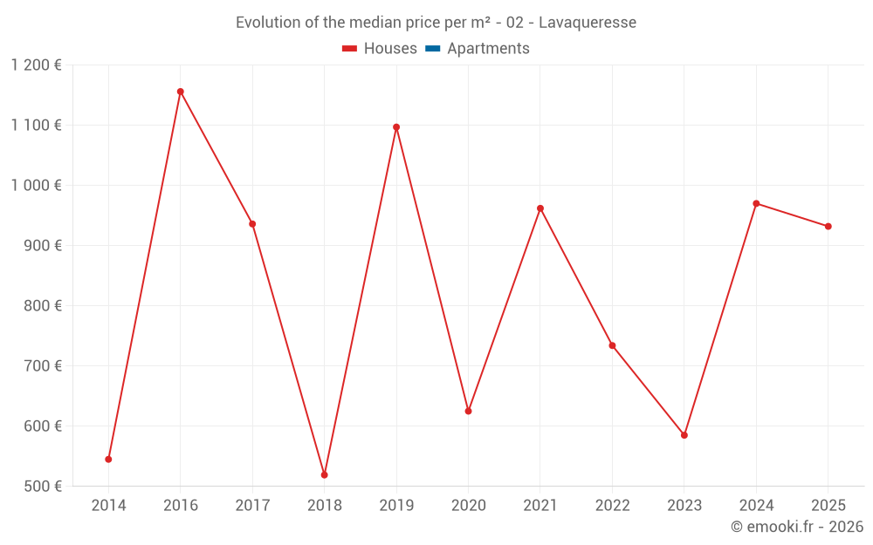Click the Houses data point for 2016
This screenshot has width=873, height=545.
(181, 92)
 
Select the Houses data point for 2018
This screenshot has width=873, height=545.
(325, 475)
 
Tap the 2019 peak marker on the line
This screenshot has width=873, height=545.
(396, 127)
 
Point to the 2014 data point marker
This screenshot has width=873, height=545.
(108, 460)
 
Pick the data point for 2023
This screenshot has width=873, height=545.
(684, 435)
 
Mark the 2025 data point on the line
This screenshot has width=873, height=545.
(828, 227)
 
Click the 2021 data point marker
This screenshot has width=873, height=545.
(540, 208)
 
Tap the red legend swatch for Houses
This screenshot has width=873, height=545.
(350, 49)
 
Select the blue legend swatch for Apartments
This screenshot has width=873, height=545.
(433, 49)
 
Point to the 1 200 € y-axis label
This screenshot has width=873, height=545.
(36, 65)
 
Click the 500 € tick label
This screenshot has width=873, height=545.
(43, 487)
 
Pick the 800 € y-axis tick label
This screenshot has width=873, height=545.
(43, 306)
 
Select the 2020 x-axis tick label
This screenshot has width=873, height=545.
(469, 506)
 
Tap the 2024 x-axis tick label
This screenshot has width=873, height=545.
(756, 506)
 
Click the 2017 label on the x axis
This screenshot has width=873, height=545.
(252, 506)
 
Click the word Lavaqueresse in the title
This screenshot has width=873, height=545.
(588, 23)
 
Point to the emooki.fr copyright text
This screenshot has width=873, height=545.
(797, 527)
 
